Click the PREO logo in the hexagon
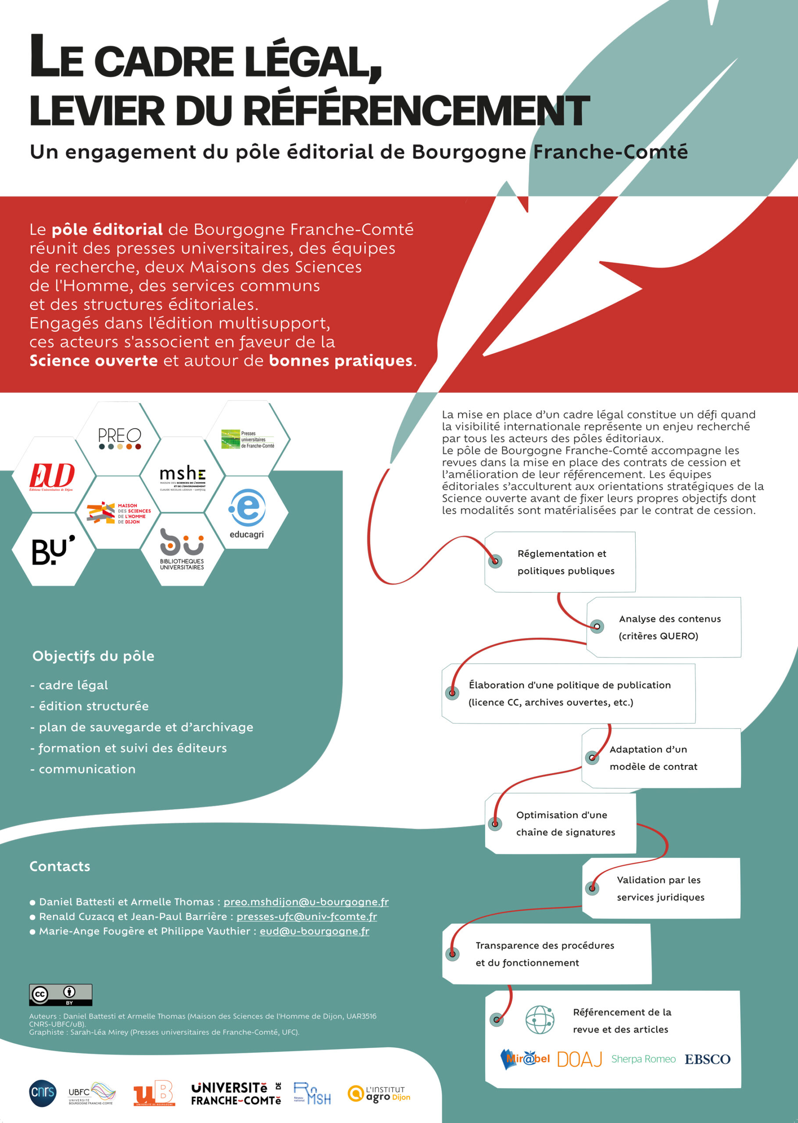119,438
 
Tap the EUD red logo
52,476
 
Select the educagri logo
247,513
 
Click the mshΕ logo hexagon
183,477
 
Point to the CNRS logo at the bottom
43,1094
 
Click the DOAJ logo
580,1060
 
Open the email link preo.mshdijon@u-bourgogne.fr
306,902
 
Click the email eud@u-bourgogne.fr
314,931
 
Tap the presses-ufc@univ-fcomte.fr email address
307,917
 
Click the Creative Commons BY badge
61,995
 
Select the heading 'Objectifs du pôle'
93,656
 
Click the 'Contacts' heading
60,866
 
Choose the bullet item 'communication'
87,769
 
